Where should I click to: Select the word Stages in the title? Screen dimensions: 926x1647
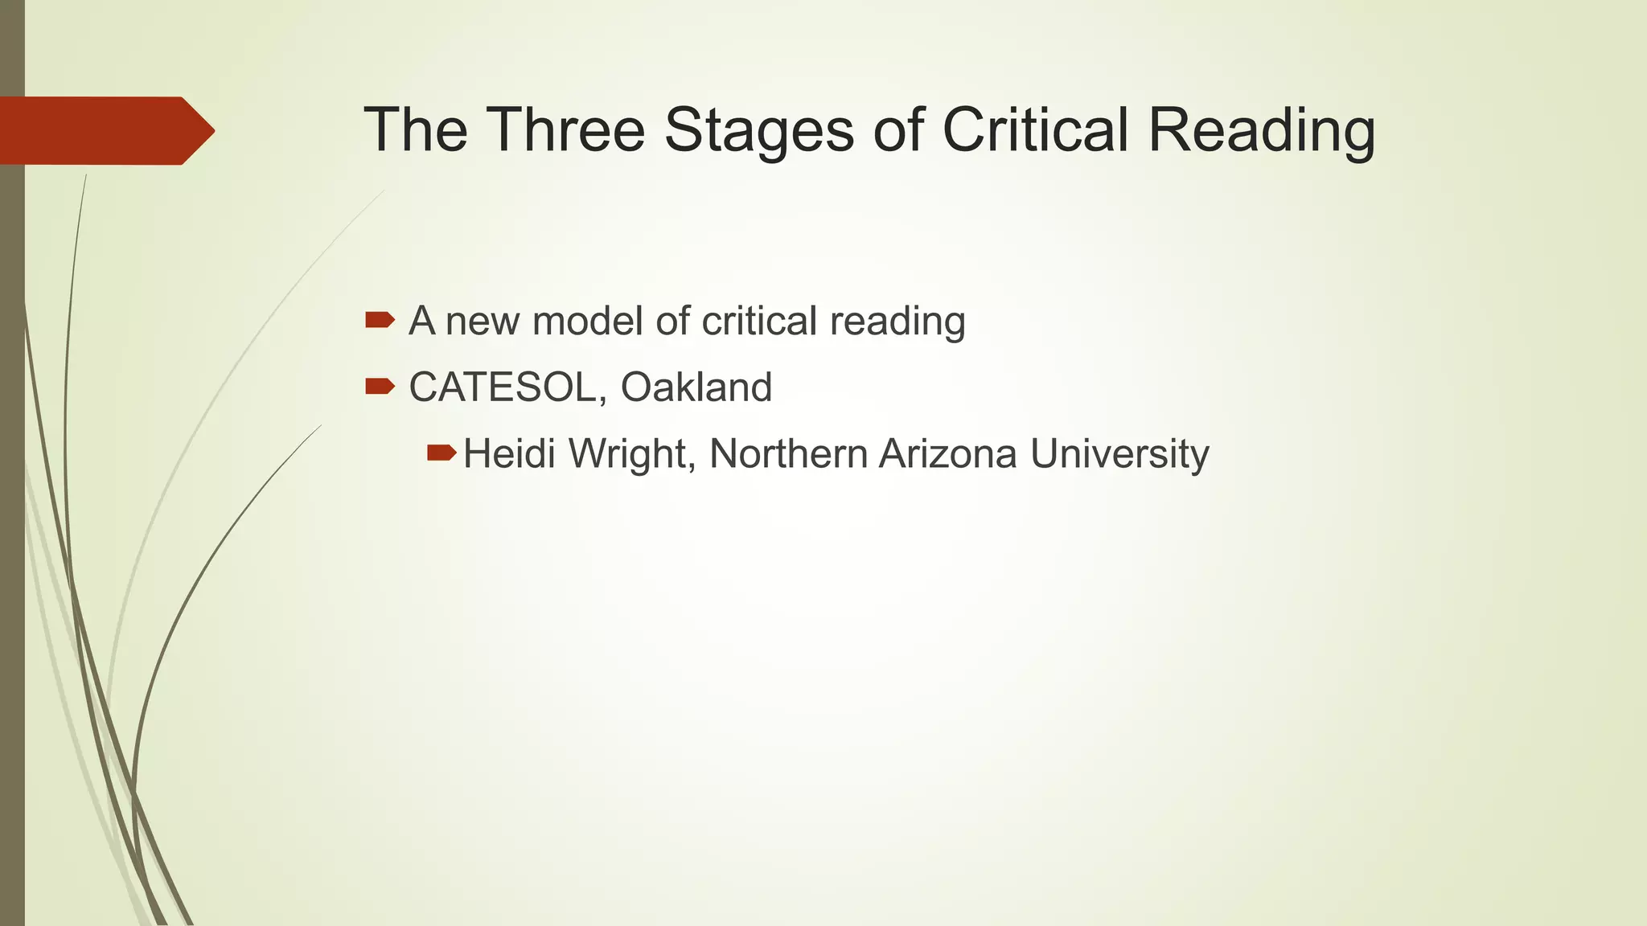pyautogui.click(x=758, y=131)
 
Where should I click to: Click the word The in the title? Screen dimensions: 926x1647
pyautogui.click(x=415, y=129)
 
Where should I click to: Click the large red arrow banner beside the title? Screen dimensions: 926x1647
pyautogui.click(x=105, y=131)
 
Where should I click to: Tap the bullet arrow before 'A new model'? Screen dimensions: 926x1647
pyautogui.click(x=379, y=321)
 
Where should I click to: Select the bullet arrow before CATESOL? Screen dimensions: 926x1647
pyautogui.click(x=379, y=387)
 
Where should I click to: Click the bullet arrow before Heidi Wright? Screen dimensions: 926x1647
pyautogui.click(x=441, y=453)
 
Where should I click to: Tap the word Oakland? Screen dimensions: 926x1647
pyautogui.click(x=696, y=387)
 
